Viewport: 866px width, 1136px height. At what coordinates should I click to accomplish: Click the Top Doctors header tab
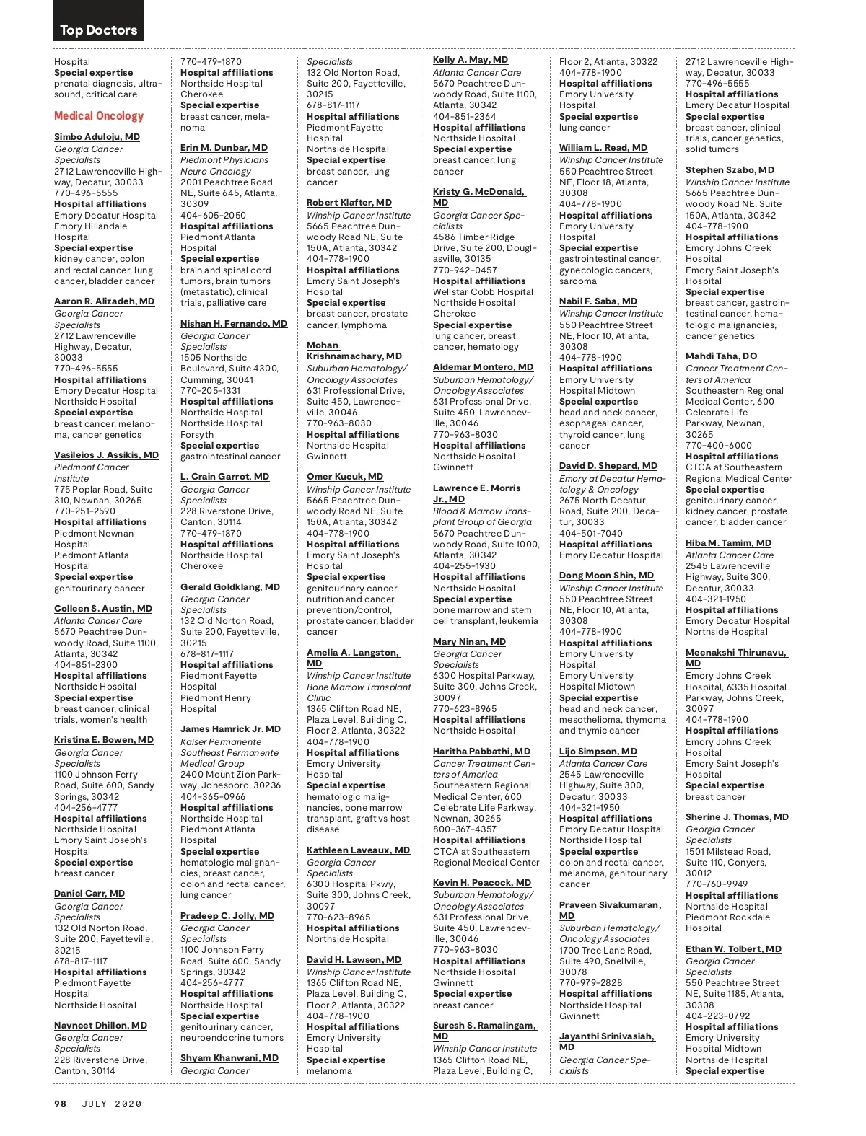click(x=98, y=30)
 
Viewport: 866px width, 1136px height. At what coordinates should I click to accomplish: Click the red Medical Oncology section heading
click(x=99, y=115)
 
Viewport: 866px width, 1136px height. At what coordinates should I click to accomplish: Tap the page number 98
click(x=61, y=1104)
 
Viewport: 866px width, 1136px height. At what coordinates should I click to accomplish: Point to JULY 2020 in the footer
click(x=112, y=1104)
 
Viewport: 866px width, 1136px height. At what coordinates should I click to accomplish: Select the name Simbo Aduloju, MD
click(x=97, y=136)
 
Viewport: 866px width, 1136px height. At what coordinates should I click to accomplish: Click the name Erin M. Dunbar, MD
click(x=224, y=148)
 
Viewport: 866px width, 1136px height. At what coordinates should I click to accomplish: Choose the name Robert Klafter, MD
click(x=349, y=203)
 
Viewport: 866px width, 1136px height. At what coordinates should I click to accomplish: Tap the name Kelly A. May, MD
click(x=471, y=60)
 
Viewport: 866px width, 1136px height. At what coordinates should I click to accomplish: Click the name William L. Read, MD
click(x=603, y=148)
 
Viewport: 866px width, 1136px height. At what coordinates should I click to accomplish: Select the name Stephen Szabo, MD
click(x=730, y=170)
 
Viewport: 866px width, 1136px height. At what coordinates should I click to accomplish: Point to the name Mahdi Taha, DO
click(x=721, y=356)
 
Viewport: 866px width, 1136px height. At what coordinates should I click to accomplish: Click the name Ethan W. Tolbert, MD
click(x=733, y=949)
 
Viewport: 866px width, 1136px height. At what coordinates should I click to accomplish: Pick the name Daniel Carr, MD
click(x=89, y=894)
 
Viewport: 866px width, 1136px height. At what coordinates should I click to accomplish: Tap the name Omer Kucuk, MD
click(x=345, y=477)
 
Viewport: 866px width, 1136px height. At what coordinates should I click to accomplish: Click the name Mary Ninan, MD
click(x=469, y=642)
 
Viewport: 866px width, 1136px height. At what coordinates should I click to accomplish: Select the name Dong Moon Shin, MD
click(x=606, y=576)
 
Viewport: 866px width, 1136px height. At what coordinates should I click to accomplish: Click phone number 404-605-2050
click(x=213, y=215)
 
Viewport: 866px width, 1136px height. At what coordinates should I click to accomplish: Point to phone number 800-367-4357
click(x=465, y=829)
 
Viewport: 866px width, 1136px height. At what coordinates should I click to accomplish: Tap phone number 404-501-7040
click(x=591, y=534)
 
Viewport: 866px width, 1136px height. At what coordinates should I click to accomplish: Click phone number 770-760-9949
click(x=717, y=884)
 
